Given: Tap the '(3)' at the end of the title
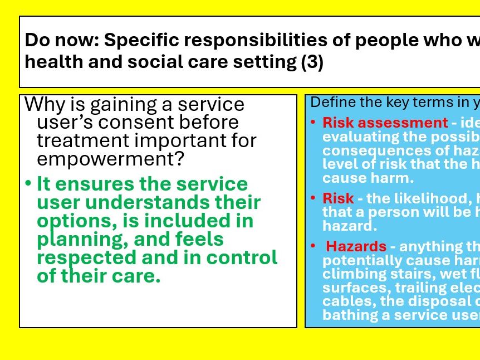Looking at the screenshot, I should [312, 62].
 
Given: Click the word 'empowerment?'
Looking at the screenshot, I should [110, 159].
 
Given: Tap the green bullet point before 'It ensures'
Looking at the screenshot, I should [28, 184].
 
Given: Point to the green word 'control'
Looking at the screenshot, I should [244, 257].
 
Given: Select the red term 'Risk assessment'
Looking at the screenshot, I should [385, 123].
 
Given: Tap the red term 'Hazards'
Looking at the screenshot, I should [356, 246].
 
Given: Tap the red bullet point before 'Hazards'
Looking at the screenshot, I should [314, 245].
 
